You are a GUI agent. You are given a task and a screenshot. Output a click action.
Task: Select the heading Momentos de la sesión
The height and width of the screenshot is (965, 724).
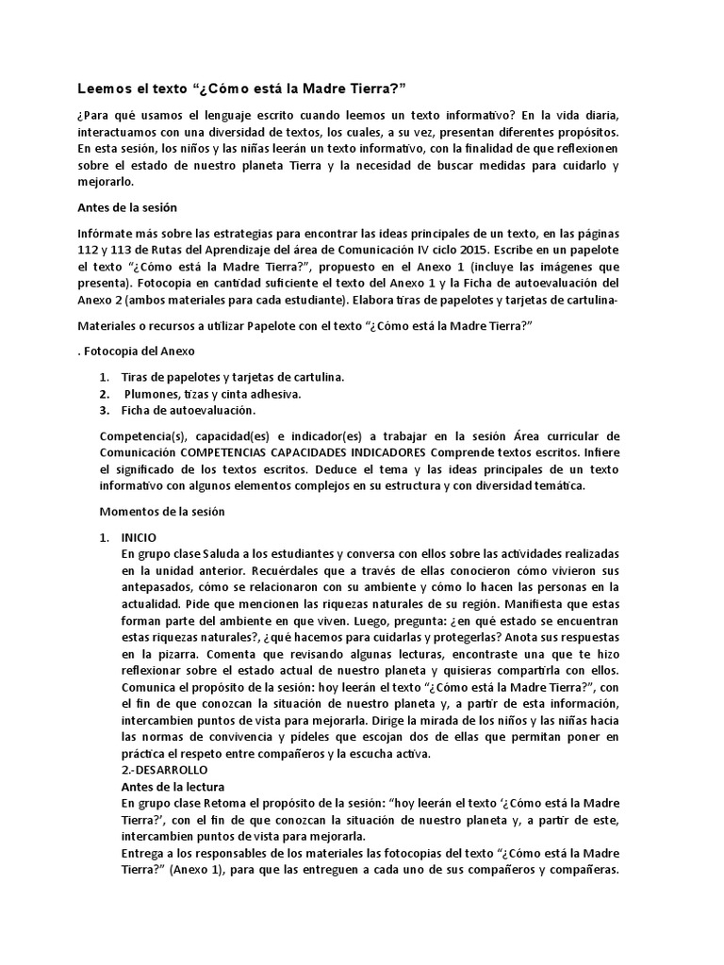[162, 512]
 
